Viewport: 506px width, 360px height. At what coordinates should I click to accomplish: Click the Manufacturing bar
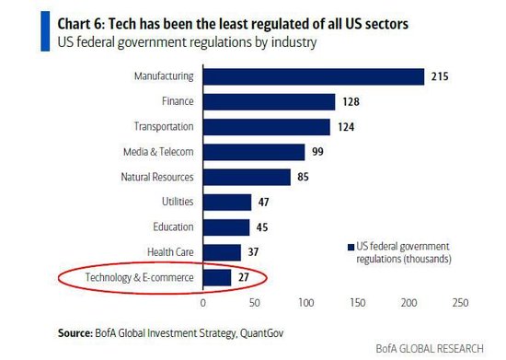pos(314,76)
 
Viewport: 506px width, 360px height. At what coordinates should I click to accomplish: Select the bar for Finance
pos(270,101)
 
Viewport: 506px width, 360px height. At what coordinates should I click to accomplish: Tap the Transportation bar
pos(267,127)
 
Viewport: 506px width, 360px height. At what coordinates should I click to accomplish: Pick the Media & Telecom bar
pos(254,152)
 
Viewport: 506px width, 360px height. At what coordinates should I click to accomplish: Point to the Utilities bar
pos(227,203)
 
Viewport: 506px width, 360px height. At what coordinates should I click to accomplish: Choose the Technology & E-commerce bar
pos(217,278)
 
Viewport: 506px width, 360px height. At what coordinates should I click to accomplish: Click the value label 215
pos(440,76)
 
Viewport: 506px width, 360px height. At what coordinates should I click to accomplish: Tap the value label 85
pos(303,177)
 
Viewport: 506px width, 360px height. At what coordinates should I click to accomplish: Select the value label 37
pos(253,252)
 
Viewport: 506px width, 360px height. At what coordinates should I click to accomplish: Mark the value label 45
pos(262,227)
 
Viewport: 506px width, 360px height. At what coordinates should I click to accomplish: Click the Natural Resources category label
pos(157,177)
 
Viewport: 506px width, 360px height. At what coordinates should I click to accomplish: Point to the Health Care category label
pos(170,252)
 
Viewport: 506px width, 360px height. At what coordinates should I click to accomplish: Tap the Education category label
pos(173,226)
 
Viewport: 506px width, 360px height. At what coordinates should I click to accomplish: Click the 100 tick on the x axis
pos(306,303)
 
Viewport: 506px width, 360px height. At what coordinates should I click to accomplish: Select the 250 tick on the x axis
pos(461,303)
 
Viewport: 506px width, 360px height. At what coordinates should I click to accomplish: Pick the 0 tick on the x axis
pos(203,303)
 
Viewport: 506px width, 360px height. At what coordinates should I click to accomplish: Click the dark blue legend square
pos(351,248)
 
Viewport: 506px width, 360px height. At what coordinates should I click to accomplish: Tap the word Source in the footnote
pos(75,333)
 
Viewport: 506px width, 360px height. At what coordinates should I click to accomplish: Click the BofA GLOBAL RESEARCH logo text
pos(430,349)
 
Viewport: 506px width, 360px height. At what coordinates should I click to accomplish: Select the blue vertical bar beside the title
pos(45,31)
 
